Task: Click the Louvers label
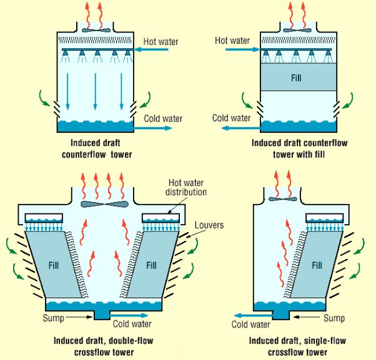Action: [x=209, y=225]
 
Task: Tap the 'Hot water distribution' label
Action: [x=186, y=187]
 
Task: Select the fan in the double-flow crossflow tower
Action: [x=104, y=204]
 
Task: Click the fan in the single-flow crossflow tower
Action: [x=283, y=199]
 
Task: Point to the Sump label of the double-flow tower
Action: [x=54, y=318]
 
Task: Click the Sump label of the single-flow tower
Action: [x=334, y=318]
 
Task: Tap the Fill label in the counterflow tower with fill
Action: [x=296, y=78]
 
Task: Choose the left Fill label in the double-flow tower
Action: [x=54, y=265]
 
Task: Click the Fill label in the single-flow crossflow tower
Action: [x=317, y=265]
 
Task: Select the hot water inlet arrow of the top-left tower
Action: [x=151, y=49]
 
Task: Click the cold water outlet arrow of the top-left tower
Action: [x=152, y=128]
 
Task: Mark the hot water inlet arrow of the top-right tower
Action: [x=243, y=49]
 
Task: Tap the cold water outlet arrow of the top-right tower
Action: [x=241, y=129]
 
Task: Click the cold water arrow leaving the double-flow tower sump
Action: [x=129, y=315]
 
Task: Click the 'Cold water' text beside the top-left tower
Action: [x=163, y=119]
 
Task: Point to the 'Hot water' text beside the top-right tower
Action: [x=232, y=40]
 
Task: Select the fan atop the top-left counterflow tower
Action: [x=96, y=30]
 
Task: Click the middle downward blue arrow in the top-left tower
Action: [x=96, y=92]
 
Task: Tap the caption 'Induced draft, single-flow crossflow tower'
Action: [x=297, y=346]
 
